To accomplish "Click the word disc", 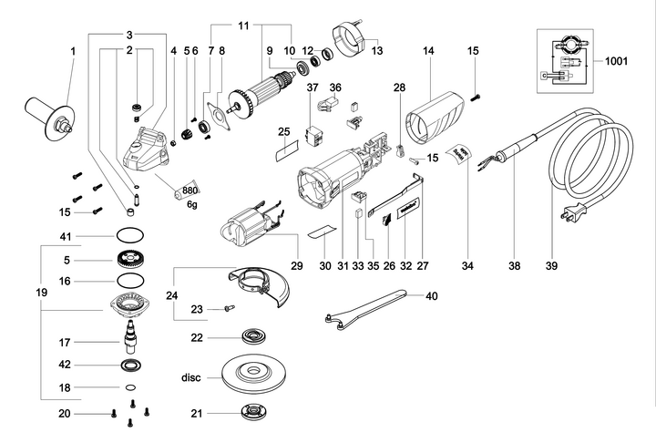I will pyautogui.click(x=190, y=376).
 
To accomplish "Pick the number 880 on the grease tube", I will pyautogui.click(x=190, y=191).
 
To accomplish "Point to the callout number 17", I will pyautogui.click(x=64, y=344).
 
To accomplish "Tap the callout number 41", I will pyautogui.click(x=64, y=236).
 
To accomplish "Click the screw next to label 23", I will pyautogui.click(x=229, y=308).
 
